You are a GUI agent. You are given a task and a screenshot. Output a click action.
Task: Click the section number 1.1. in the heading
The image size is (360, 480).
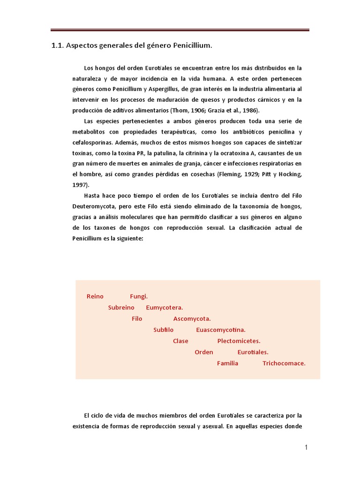(x=58, y=46)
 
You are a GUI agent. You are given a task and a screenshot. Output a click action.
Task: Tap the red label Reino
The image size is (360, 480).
(x=95, y=297)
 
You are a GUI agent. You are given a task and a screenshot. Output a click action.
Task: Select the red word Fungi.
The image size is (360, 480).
(x=139, y=297)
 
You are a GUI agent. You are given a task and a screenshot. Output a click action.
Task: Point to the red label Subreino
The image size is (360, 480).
(x=121, y=308)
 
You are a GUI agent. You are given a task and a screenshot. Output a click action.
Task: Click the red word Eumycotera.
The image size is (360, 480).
(x=164, y=308)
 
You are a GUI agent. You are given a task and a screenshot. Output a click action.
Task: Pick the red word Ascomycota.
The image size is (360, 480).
(x=192, y=319)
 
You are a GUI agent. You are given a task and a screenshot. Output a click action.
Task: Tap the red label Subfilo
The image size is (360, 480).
(x=164, y=330)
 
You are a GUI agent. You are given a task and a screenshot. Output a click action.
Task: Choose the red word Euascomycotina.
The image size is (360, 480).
(x=221, y=330)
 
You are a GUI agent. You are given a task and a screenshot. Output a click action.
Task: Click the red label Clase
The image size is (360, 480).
(x=180, y=341)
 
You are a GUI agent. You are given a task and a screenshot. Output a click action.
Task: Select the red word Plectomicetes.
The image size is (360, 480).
(x=239, y=341)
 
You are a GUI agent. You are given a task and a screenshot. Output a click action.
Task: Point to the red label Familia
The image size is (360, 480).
(x=227, y=363)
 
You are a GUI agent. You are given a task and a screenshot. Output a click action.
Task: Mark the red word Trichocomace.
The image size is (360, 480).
(x=284, y=363)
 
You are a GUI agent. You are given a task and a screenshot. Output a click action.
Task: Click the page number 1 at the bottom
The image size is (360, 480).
(x=306, y=448)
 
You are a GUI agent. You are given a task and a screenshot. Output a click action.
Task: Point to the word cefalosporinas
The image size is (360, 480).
(x=94, y=142)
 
